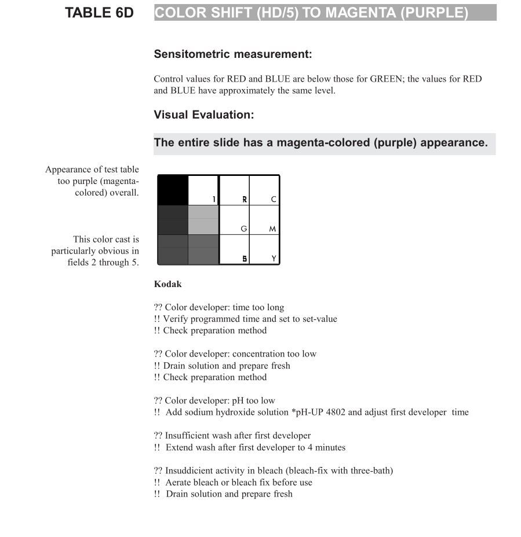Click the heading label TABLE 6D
(x=99, y=13)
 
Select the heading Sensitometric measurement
(x=233, y=54)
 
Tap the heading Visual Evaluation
(x=204, y=115)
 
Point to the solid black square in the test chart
(x=173, y=190)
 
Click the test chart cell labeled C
(x=264, y=190)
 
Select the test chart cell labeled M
(x=264, y=220)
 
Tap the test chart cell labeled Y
(x=264, y=250)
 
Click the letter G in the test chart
(x=244, y=229)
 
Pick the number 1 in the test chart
(x=214, y=200)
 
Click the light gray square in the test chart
(x=203, y=220)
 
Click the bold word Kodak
(x=167, y=284)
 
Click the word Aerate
(x=179, y=482)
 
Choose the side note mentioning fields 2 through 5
(x=95, y=251)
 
